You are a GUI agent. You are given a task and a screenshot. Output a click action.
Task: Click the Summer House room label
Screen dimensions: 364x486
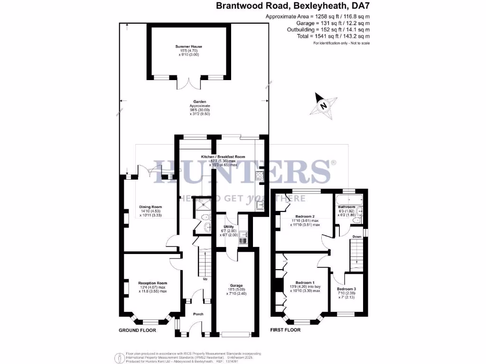pos(188,46)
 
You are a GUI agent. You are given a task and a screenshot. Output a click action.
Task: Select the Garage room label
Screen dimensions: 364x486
pos(236,286)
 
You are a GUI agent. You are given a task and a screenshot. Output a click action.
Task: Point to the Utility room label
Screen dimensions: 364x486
pos(229,227)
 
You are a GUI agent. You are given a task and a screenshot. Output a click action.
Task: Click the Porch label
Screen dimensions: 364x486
pos(198,314)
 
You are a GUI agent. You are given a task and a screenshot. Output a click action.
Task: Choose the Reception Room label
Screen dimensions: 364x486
pos(152,283)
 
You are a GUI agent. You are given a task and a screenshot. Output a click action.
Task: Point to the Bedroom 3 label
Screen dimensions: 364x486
pos(346,289)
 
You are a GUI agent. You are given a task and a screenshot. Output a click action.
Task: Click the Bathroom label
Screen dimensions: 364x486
pos(346,207)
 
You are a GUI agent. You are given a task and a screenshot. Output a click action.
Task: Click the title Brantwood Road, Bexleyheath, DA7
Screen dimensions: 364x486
pos(293,6)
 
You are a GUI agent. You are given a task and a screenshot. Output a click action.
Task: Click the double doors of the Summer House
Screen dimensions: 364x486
pos(188,82)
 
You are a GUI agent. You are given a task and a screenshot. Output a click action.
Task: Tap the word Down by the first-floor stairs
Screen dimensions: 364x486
pos(357,236)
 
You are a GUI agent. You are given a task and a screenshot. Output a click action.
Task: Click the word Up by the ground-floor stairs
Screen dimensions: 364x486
pos(206,279)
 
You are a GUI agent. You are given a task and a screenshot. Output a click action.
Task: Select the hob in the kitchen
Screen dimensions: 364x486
pos(260,176)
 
